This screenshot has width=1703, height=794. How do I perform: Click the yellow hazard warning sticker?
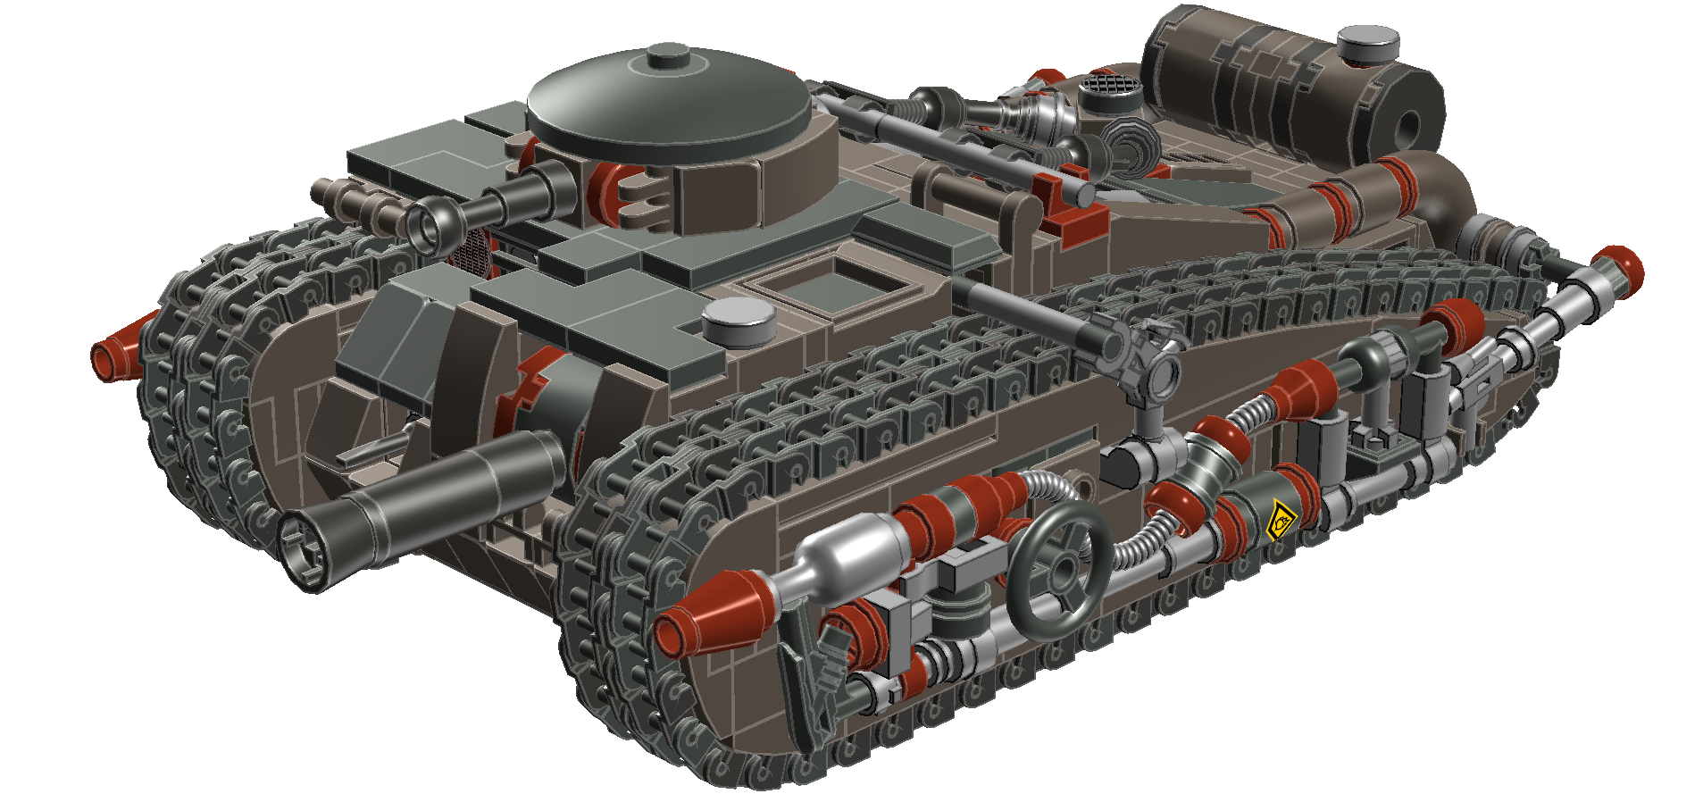tap(1281, 520)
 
